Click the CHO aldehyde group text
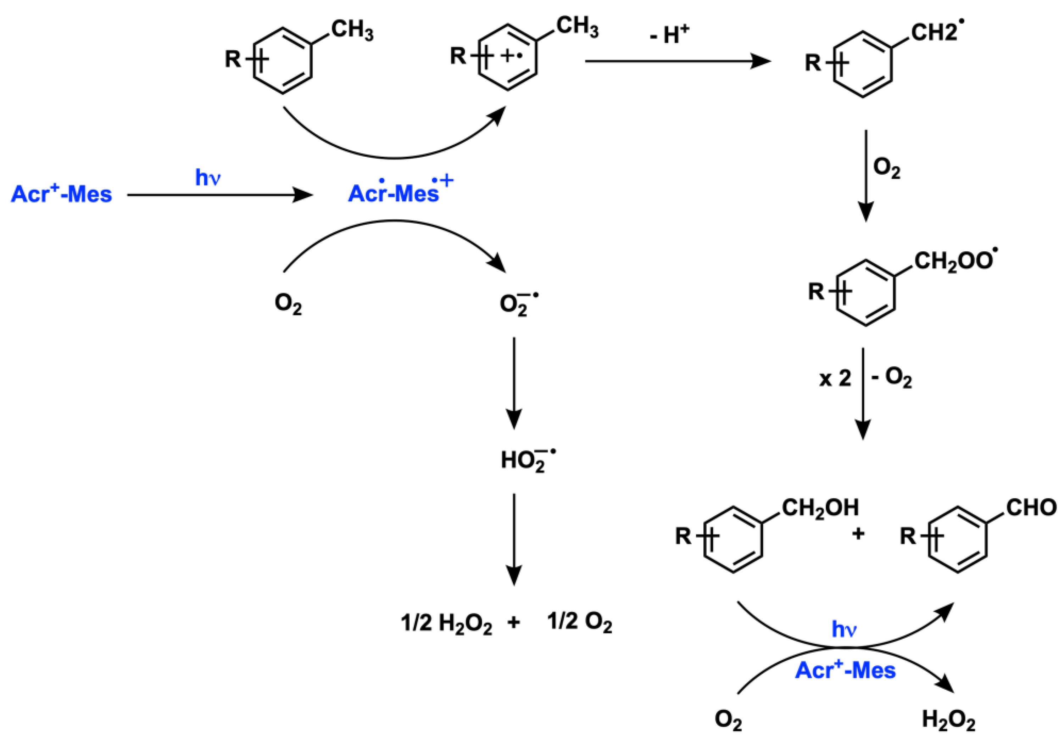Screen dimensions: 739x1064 [1031, 508]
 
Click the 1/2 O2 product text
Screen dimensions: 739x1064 [579, 622]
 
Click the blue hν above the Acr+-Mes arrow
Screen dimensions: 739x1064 [207, 177]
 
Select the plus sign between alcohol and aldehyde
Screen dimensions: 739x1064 [858, 534]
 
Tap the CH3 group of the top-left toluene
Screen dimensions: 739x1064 [352, 30]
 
